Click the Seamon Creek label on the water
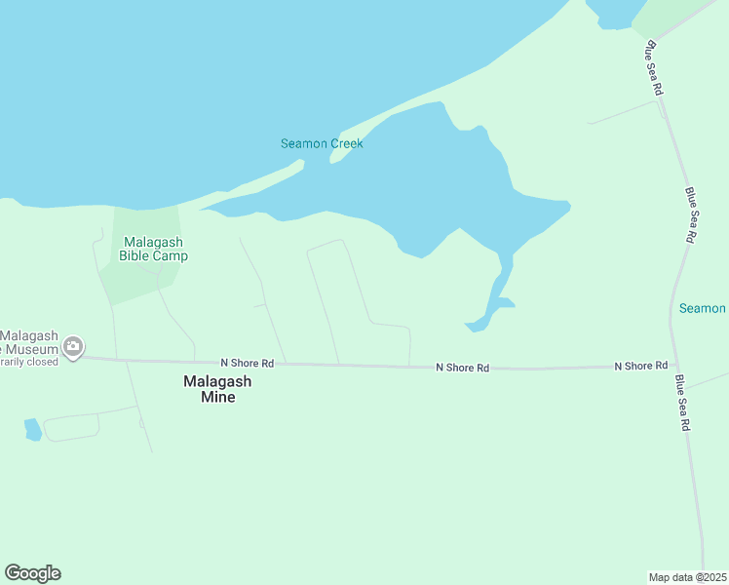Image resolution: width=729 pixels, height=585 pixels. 322,143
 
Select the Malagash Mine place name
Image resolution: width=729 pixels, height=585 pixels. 222,389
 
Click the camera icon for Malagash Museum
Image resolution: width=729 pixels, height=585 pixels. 72,346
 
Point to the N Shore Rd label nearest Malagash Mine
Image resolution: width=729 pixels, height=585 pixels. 248,363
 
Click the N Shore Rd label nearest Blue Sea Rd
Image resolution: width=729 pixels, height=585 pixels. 640,366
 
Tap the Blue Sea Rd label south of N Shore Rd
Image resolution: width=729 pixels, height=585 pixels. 683,403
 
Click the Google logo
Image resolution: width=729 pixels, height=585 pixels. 33,573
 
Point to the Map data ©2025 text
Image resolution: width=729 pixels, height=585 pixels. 688,577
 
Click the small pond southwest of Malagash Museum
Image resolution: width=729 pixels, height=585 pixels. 33,429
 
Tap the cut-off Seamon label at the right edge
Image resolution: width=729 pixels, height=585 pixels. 703,308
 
